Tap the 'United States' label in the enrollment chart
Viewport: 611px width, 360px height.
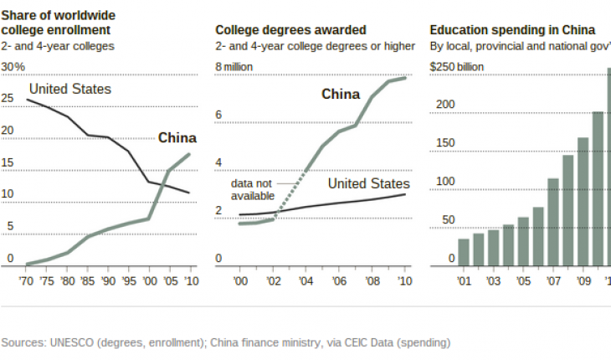click(x=70, y=89)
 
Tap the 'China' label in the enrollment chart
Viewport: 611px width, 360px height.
click(x=177, y=138)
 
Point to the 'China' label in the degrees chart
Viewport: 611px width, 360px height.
click(x=341, y=94)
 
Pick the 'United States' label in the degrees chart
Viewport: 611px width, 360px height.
click(x=368, y=183)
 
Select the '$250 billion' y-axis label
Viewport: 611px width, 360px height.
click(x=459, y=66)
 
